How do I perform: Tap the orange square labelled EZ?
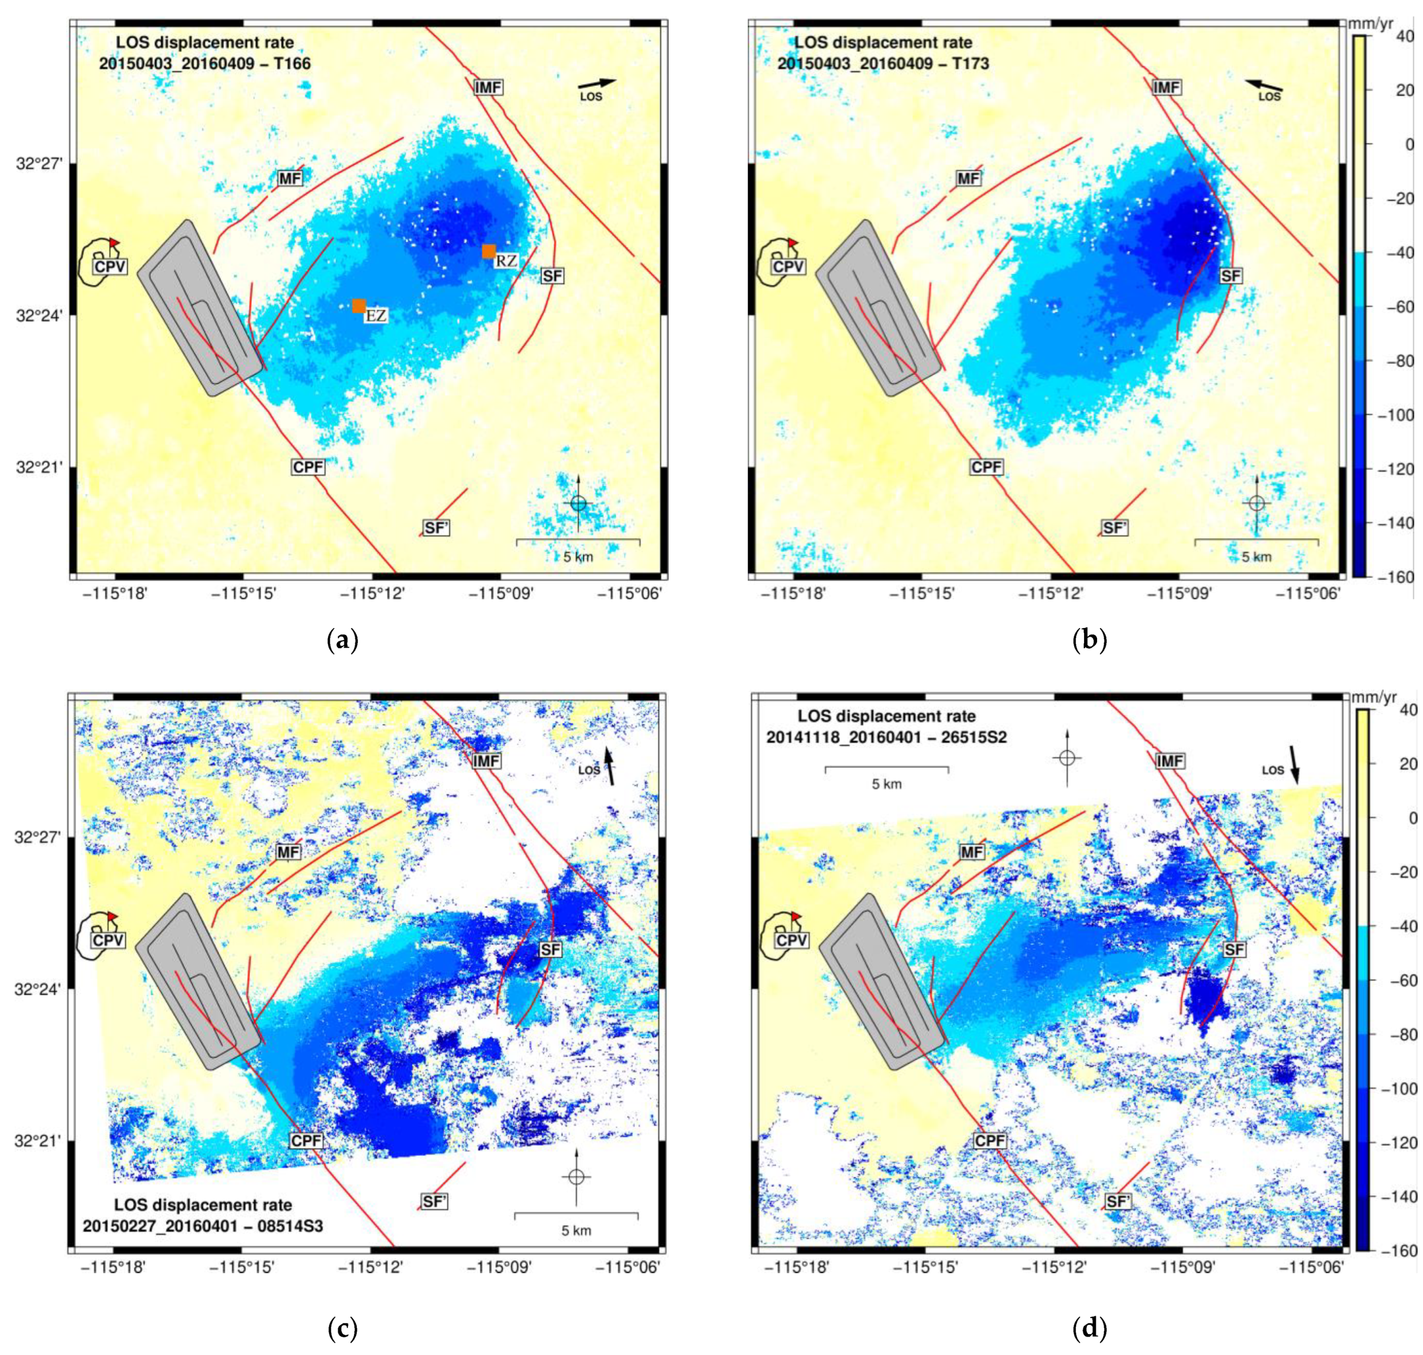click(359, 305)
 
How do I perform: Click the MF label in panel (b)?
click(968, 178)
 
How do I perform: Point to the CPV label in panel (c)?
click(109, 941)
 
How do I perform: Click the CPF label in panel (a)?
click(308, 467)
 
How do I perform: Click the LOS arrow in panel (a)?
click(597, 84)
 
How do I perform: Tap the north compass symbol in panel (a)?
click(578, 503)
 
